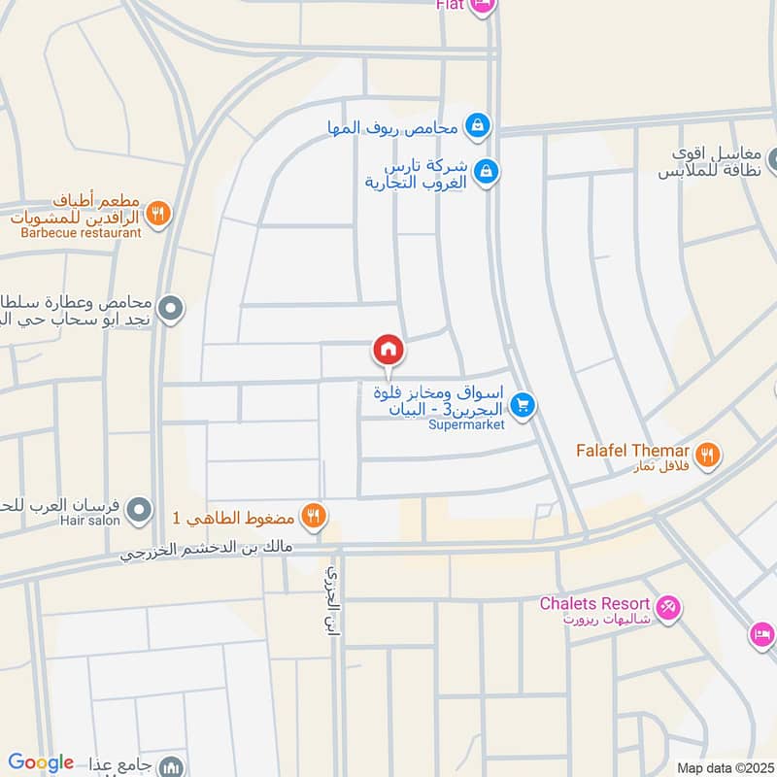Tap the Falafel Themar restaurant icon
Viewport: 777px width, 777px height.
click(x=708, y=453)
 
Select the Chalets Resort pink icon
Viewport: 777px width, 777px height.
click(x=668, y=609)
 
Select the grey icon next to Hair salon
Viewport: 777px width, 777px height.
click(x=141, y=509)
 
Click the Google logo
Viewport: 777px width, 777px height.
click(x=41, y=762)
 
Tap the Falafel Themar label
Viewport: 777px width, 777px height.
click(x=631, y=451)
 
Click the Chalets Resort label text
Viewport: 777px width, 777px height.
click(x=594, y=604)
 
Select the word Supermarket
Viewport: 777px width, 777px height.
click(x=466, y=425)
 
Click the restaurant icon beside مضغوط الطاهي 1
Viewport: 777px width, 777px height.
click(x=312, y=516)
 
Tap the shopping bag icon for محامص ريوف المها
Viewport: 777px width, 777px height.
click(x=477, y=125)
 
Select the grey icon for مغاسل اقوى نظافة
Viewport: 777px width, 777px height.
click(x=773, y=159)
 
